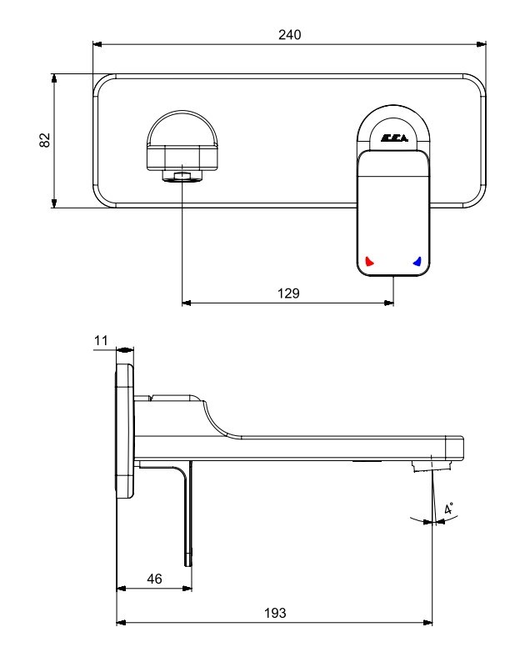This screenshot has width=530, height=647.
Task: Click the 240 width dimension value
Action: [289, 35]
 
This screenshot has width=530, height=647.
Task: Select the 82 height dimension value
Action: [44, 140]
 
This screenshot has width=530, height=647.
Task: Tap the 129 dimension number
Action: [288, 293]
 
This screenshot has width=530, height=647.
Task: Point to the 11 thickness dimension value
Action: [101, 340]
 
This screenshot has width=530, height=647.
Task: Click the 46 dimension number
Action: [154, 579]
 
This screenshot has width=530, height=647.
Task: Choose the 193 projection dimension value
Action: [275, 613]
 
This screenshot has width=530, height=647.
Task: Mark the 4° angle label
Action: [448, 508]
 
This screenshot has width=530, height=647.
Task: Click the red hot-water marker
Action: [369, 261]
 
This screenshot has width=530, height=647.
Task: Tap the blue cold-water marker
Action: [417, 261]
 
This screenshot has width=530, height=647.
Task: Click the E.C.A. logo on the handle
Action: [394, 138]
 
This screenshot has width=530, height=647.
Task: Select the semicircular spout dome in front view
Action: [182, 128]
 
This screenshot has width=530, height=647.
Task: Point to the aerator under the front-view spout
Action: [182, 176]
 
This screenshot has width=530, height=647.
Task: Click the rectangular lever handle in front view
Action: [393, 213]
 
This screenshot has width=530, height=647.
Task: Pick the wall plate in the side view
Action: [124, 431]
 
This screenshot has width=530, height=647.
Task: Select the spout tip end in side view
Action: [454, 448]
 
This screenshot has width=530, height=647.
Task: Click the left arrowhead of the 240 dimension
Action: [97, 44]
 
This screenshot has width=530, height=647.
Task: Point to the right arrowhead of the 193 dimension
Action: [427, 623]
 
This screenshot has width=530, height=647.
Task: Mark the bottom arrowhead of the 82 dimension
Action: [54, 203]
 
